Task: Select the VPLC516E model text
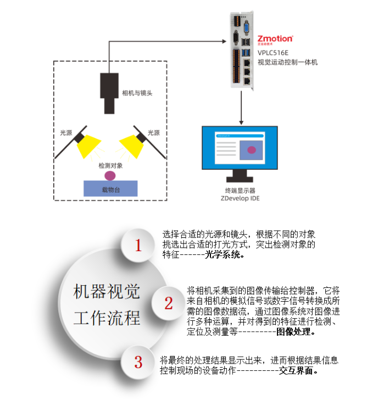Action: point(273,52)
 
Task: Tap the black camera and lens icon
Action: point(109,92)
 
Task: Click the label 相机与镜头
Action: point(137,93)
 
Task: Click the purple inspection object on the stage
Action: point(110,175)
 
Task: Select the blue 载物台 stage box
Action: point(110,188)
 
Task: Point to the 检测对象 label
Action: point(110,165)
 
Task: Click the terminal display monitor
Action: point(238,151)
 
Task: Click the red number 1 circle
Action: point(138,246)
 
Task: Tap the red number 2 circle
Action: point(169,303)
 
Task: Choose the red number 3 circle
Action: point(138,362)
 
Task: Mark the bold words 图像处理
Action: point(295,332)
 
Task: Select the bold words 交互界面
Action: point(299,371)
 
